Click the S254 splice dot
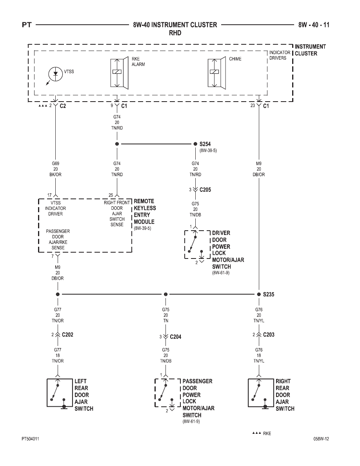(195, 144)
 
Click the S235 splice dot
(259, 294)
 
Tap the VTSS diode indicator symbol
(56, 74)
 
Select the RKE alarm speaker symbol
(119, 73)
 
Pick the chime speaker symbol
(216, 73)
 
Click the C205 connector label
(205, 189)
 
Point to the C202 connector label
(67, 335)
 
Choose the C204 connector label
(176, 337)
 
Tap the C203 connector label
(269, 335)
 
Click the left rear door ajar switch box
(60, 393)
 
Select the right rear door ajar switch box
(261, 393)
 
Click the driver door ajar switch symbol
(197, 245)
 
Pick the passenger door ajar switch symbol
(167, 393)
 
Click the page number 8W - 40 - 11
(314, 25)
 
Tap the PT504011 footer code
(30, 439)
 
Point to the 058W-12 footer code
(321, 439)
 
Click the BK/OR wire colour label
(56, 175)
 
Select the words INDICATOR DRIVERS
(280, 55)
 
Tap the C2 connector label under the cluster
(63, 106)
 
